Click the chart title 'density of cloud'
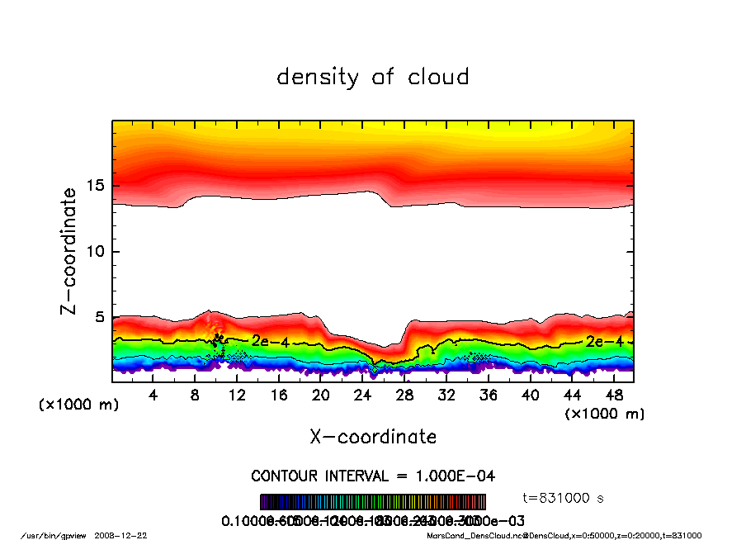point(373,78)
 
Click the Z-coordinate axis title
point(69,251)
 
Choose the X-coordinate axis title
point(373,437)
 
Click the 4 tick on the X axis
point(153,396)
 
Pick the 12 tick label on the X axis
point(237,396)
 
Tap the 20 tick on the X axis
point(320,396)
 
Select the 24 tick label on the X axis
point(362,396)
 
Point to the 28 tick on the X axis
point(404,396)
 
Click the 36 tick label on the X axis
point(488,396)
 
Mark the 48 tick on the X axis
point(613,396)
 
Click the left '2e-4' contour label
point(268,340)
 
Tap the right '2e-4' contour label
point(602,340)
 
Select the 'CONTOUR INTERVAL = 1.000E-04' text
point(373,476)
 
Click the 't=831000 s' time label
point(564,498)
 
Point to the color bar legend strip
point(373,502)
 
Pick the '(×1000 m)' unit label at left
point(73,405)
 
